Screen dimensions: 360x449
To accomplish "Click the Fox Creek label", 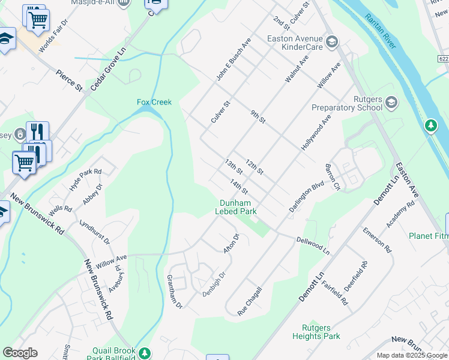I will click(x=154, y=102).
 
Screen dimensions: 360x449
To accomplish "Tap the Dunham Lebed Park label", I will click(x=238, y=207).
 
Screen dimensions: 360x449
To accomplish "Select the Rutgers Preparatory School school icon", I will click(x=392, y=101).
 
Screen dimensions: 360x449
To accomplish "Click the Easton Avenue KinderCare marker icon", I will click(x=333, y=42).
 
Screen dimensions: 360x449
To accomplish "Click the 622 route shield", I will click(x=443, y=59).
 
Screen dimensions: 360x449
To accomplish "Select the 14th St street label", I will click(x=238, y=187).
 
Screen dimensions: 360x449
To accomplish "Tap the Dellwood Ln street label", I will click(x=313, y=245).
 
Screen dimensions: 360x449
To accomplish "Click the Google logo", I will click(x=20, y=353).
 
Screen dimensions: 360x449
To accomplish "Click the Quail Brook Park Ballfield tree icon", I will click(x=144, y=353).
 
